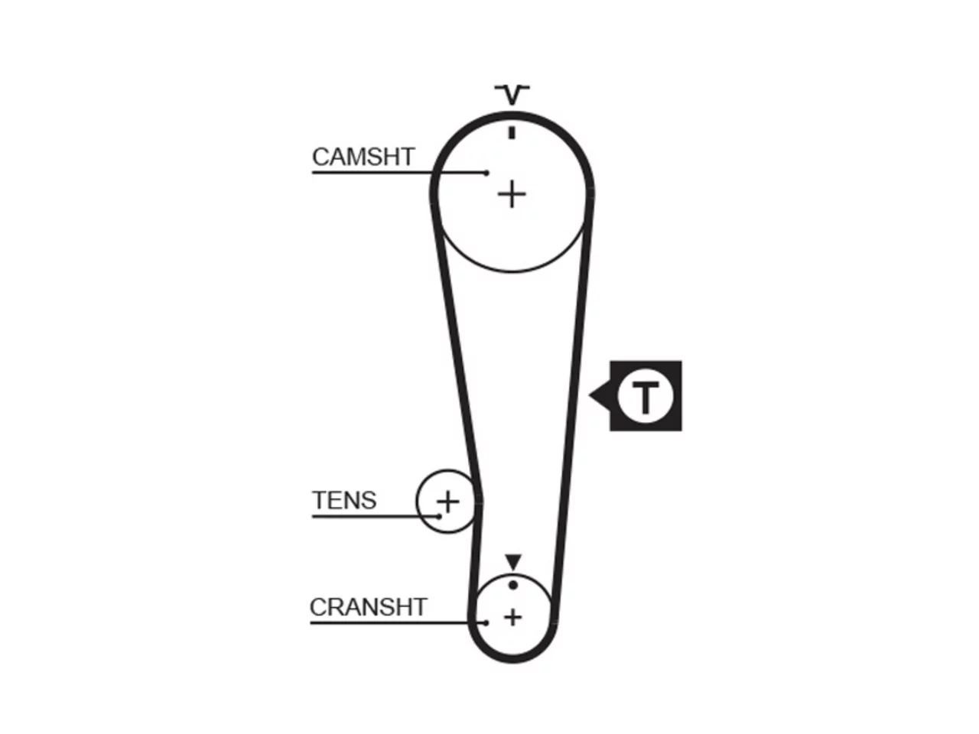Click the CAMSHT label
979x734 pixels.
[x=363, y=157]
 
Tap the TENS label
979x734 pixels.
[x=344, y=500]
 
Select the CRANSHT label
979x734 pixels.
[x=369, y=607]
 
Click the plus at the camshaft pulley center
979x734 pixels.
[x=512, y=194]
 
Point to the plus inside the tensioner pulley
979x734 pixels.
[x=447, y=502]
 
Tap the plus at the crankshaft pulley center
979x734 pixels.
[x=513, y=618]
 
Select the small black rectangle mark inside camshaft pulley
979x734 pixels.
[x=512, y=133]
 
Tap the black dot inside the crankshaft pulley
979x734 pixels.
[x=513, y=585]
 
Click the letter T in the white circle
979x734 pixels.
[x=646, y=397]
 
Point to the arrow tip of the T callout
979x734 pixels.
[x=590, y=395]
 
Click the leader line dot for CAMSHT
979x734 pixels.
[x=486, y=173]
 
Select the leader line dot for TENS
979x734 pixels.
[x=439, y=517]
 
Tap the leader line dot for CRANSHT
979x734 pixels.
[x=486, y=623]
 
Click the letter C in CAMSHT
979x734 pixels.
[x=321, y=157]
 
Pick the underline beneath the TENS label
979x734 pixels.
[x=376, y=517]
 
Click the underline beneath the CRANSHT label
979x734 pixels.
[x=398, y=623]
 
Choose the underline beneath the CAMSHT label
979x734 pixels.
[x=399, y=173]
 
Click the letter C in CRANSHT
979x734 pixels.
[x=319, y=607]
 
